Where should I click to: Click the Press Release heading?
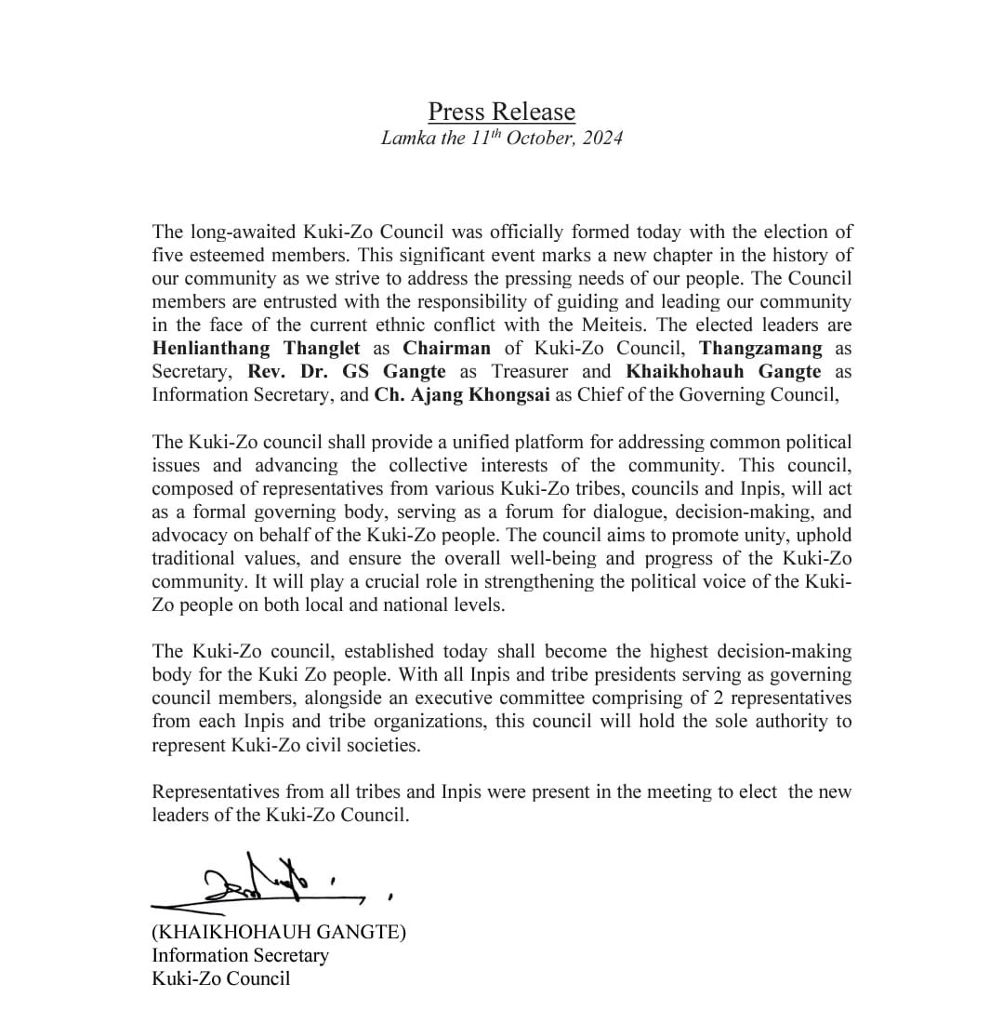pos(501,113)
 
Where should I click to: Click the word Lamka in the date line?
pos(404,139)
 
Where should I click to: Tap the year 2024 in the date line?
pos(601,139)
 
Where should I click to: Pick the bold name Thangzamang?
pos(760,349)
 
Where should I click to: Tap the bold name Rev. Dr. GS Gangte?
pos(347,372)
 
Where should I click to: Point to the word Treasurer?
pos(521,372)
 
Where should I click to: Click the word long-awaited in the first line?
pos(239,233)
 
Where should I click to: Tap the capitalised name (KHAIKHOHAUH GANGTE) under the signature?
pos(279,932)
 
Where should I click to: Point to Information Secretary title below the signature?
pos(240,955)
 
